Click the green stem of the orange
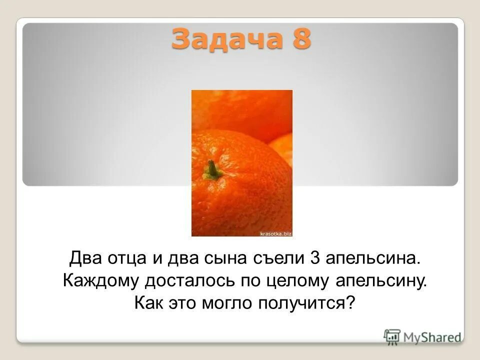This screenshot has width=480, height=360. pos(213,170)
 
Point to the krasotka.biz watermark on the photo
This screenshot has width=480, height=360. pos(275,232)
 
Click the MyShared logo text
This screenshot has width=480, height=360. pos(432,337)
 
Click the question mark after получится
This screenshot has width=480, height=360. pos(349,302)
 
